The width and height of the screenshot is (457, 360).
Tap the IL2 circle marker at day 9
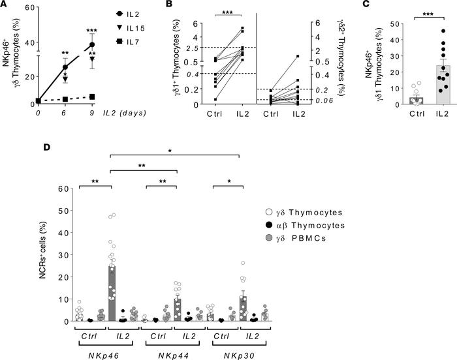[x=91, y=45]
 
